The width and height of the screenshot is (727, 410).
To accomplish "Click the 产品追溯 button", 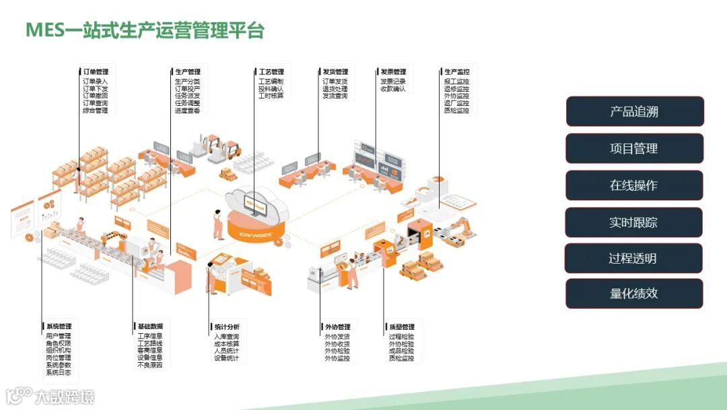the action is [x=634, y=112].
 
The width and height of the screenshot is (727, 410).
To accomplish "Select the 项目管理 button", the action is [x=634, y=148].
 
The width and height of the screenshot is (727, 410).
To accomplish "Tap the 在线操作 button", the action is [x=634, y=185].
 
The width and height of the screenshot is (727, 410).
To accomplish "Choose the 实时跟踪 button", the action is [x=633, y=223].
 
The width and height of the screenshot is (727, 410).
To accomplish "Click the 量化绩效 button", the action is [x=633, y=294].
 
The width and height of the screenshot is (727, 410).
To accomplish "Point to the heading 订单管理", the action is [x=96, y=71].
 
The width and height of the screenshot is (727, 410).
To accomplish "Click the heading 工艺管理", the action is [x=271, y=71].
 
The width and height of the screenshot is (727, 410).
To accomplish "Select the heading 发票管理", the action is [x=393, y=72].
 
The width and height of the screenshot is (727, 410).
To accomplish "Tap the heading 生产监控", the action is [x=457, y=71].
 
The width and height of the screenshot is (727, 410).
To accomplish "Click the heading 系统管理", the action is [x=59, y=326].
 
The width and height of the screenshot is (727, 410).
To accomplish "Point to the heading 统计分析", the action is [x=227, y=327].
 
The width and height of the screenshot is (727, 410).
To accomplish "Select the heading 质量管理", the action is [x=402, y=327].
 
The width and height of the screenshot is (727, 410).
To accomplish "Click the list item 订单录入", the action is [x=95, y=81].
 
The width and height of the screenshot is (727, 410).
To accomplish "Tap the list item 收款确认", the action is [x=393, y=88].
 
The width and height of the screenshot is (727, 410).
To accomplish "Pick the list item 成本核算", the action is [x=226, y=344].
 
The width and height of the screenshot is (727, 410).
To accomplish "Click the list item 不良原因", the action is [x=149, y=365].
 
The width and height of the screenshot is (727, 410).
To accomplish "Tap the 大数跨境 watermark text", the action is [x=65, y=397].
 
